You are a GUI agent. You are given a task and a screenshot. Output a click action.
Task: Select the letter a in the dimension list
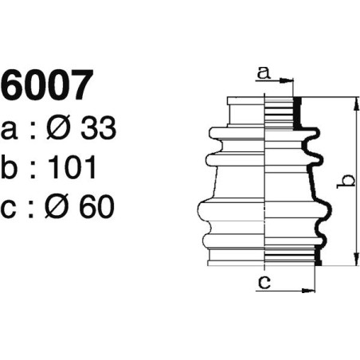click(10, 130)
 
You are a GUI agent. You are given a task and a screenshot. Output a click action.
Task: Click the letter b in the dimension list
click(11, 167)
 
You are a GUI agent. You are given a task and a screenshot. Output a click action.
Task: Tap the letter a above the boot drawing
click(263, 73)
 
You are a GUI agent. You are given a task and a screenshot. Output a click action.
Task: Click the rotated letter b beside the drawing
click(345, 181)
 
